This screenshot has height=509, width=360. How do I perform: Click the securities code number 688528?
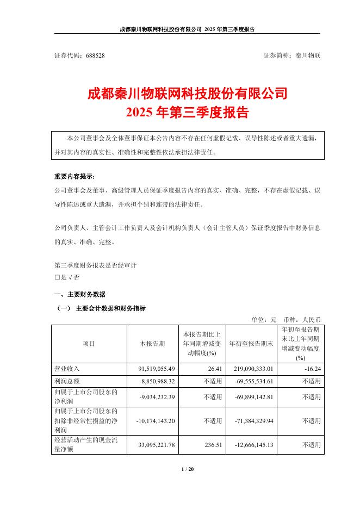95,55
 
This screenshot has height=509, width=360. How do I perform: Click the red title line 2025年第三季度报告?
179,113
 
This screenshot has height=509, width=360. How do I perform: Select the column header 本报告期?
150,344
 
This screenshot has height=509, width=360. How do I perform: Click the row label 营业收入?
67,369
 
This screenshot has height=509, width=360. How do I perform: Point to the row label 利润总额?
67,381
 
